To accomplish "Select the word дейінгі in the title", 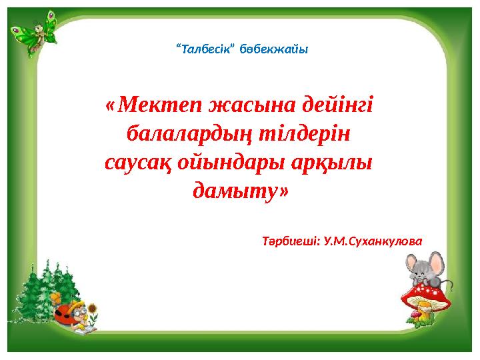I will (x=337, y=105).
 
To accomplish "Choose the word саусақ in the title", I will (x=141, y=163).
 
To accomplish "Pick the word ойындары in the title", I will (x=232, y=163).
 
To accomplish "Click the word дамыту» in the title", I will (x=241, y=192).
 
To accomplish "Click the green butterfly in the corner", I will (x=37, y=28).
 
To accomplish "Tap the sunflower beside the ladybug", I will (x=94, y=309).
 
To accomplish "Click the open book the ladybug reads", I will (x=87, y=329).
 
